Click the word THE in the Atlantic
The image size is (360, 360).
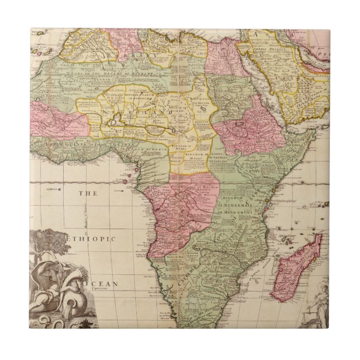[86, 194]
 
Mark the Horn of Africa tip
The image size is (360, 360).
[316, 134]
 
